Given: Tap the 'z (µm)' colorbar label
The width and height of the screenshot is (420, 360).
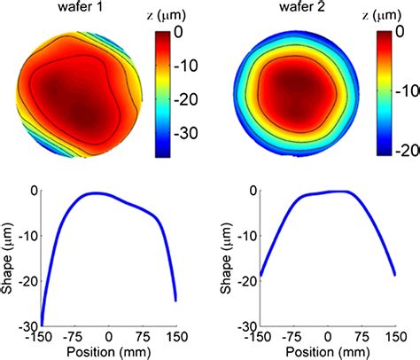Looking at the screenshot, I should [167, 16].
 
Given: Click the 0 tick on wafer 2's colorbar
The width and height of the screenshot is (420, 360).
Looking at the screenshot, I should [406, 34].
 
